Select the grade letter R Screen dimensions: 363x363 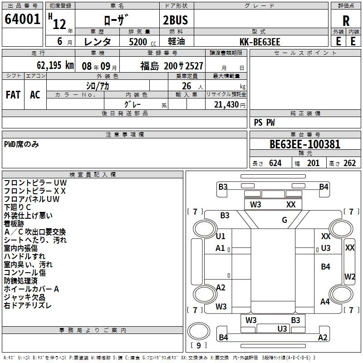[x=346, y=21]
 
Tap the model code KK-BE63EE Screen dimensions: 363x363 [x=260, y=41]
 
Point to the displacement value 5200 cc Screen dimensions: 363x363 [x=137, y=42]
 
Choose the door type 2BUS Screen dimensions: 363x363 [x=175, y=20]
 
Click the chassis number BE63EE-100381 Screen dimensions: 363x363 [x=305, y=144]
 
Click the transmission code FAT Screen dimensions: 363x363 [x=13, y=95]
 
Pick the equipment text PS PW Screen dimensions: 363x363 [x=264, y=123]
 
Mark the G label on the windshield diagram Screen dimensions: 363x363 [x=285, y=221]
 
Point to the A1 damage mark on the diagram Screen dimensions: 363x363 [x=221, y=248]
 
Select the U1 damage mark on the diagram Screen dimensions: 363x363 [x=221, y=236]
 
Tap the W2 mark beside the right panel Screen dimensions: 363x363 [x=349, y=276]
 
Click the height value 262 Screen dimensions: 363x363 [x=349, y=163]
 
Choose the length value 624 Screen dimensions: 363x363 [x=275, y=163]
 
